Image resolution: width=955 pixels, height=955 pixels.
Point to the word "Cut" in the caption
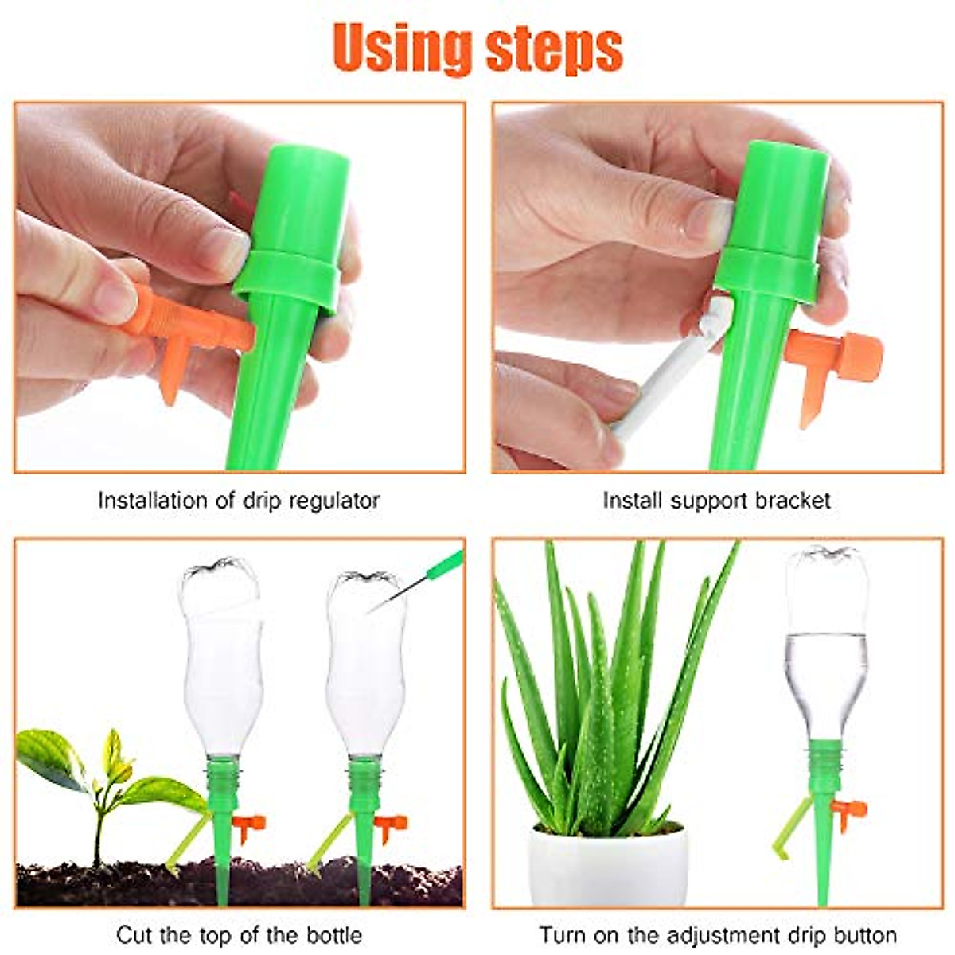point(134,934)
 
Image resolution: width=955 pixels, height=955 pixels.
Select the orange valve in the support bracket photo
point(836,358)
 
